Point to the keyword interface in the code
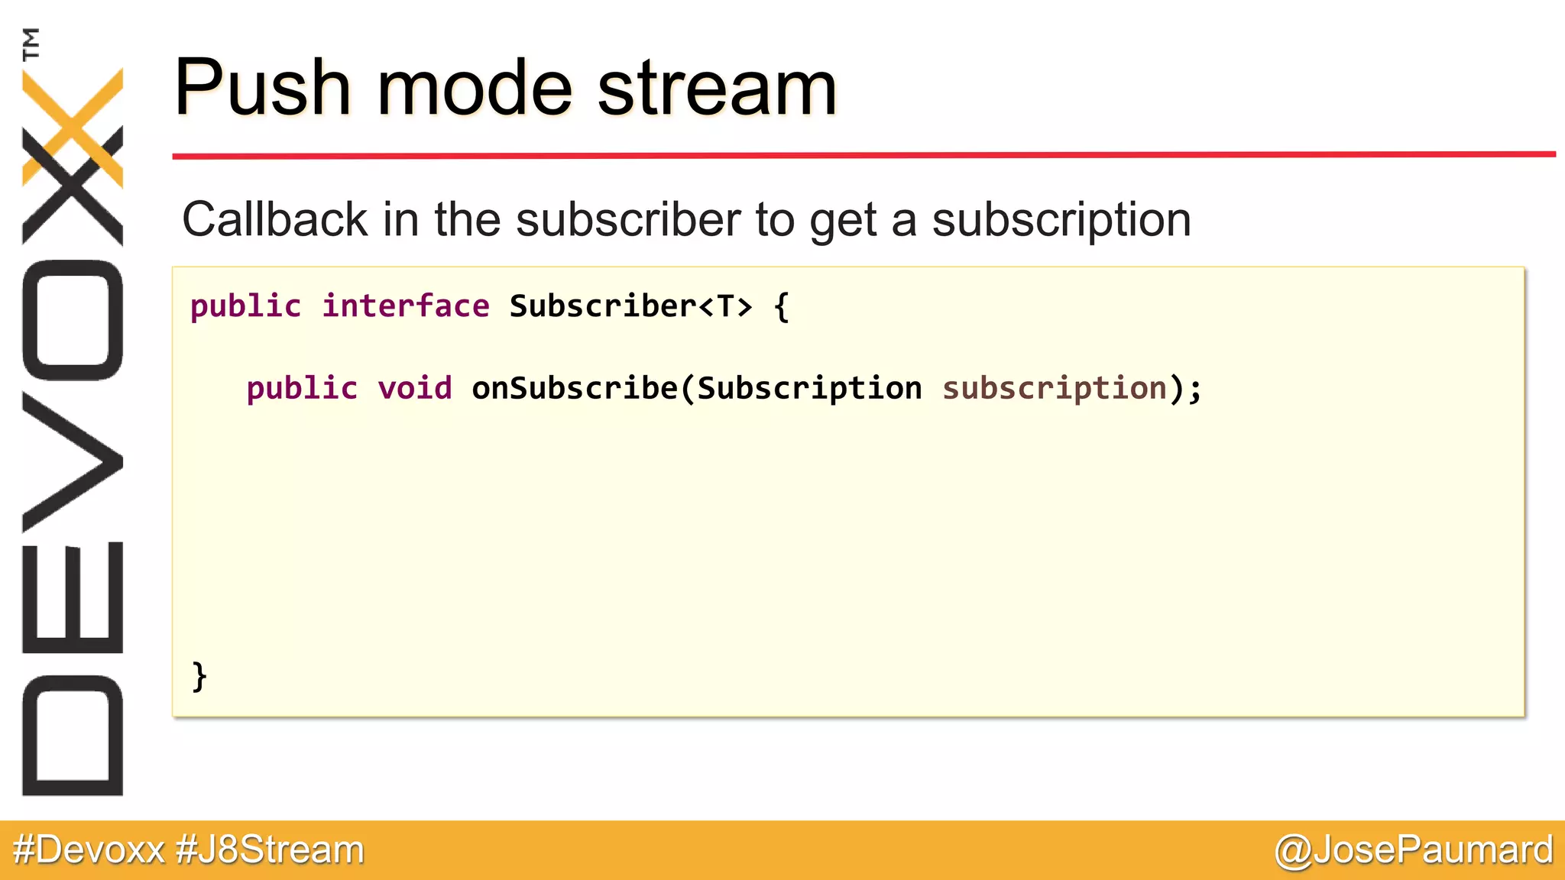pyautogui.click(x=405, y=306)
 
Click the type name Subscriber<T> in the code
pyautogui.click(x=630, y=306)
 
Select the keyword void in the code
pyautogui.click(x=415, y=389)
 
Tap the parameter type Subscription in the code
pyautogui.click(x=809, y=389)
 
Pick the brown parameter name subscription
pyautogui.click(x=1055, y=389)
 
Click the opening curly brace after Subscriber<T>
pyautogui.click(x=781, y=307)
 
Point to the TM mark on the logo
pyautogui.click(x=31, y=44)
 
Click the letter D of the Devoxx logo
pyautogui.click(x=73, y=736)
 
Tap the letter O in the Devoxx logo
pyautogui.click(x=73, y=320)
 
